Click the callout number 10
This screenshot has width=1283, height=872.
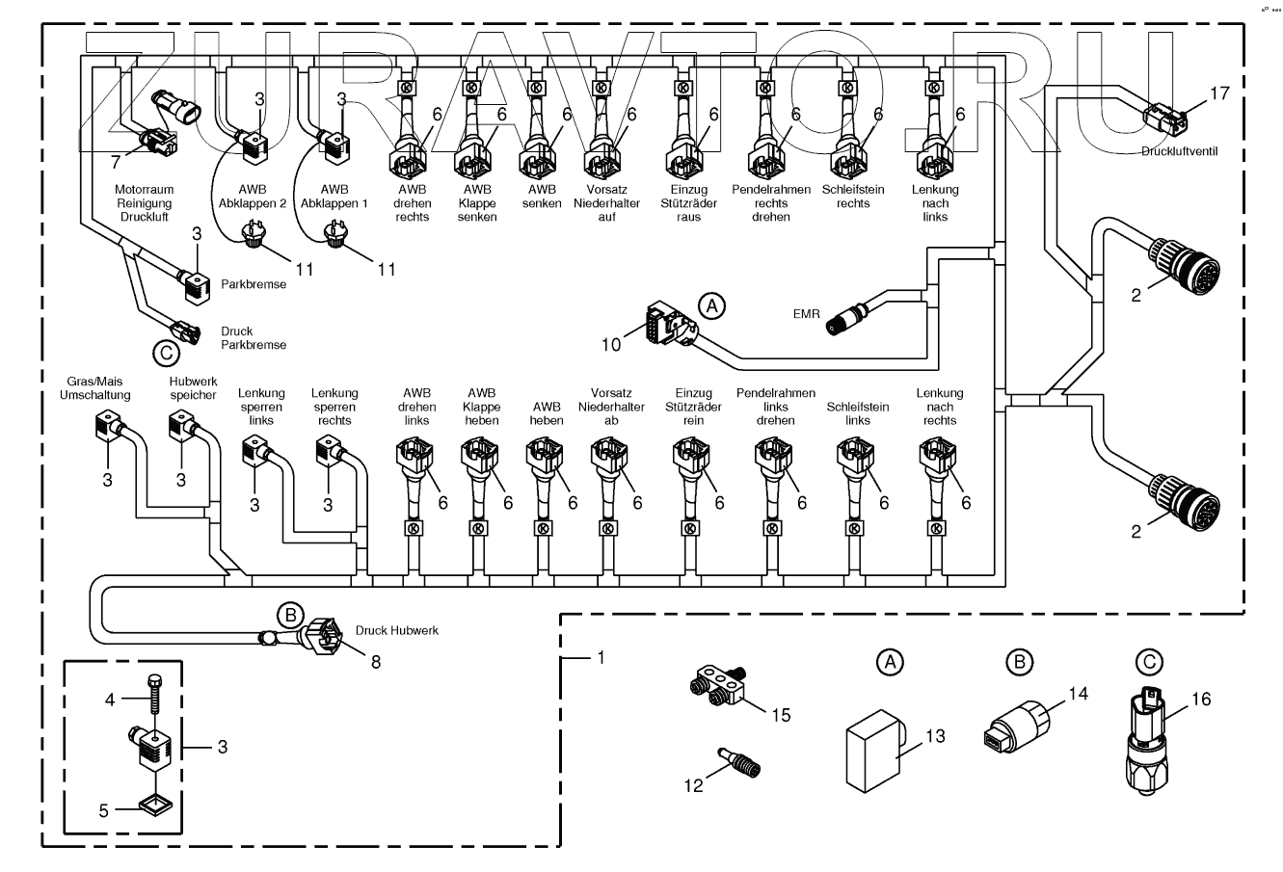click(613, 344)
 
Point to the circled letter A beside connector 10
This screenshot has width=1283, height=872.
click(710, 305)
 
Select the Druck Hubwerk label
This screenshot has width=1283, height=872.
click(397, 630)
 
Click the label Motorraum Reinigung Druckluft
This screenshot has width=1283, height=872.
click(143, 203)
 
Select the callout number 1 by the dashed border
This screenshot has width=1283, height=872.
click(601, 657)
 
